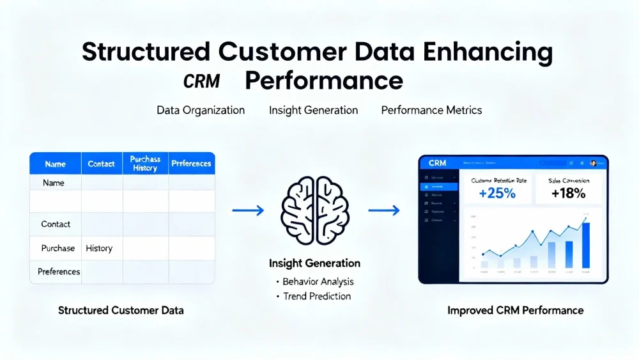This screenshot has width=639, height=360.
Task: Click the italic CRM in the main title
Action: coord(201,82)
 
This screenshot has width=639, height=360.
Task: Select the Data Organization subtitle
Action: coord(201,110)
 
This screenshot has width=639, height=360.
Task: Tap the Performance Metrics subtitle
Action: coord(431,110)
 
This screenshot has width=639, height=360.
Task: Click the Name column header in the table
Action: coord(55,164)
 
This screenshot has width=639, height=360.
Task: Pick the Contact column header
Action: coord(101,164)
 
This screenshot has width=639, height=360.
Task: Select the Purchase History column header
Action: coord(145,163)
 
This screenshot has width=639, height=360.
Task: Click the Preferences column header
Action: coord(191,164)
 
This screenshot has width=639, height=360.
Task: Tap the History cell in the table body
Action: coord(99,248)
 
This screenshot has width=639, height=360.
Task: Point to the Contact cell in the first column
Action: coord(56,224)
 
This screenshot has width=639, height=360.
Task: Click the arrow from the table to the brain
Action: coord(247,210)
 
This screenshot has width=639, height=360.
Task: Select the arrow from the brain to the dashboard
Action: coord(383,210)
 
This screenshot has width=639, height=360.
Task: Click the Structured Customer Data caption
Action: coord(121,311)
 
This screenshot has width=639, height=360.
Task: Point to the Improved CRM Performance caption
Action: coord(515,311)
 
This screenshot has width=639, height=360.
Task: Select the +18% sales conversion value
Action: coord(568,193)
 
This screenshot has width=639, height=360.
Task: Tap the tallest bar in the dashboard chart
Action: coord(585,245)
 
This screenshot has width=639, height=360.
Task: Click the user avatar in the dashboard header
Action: coord(594,163)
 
